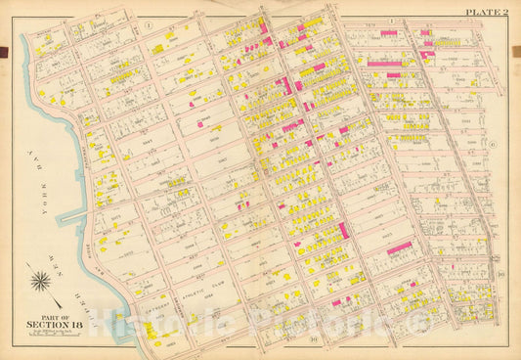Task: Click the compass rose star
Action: coord(42,284)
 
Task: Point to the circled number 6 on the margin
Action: coord(494,144)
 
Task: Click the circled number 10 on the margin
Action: coord(499,275)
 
